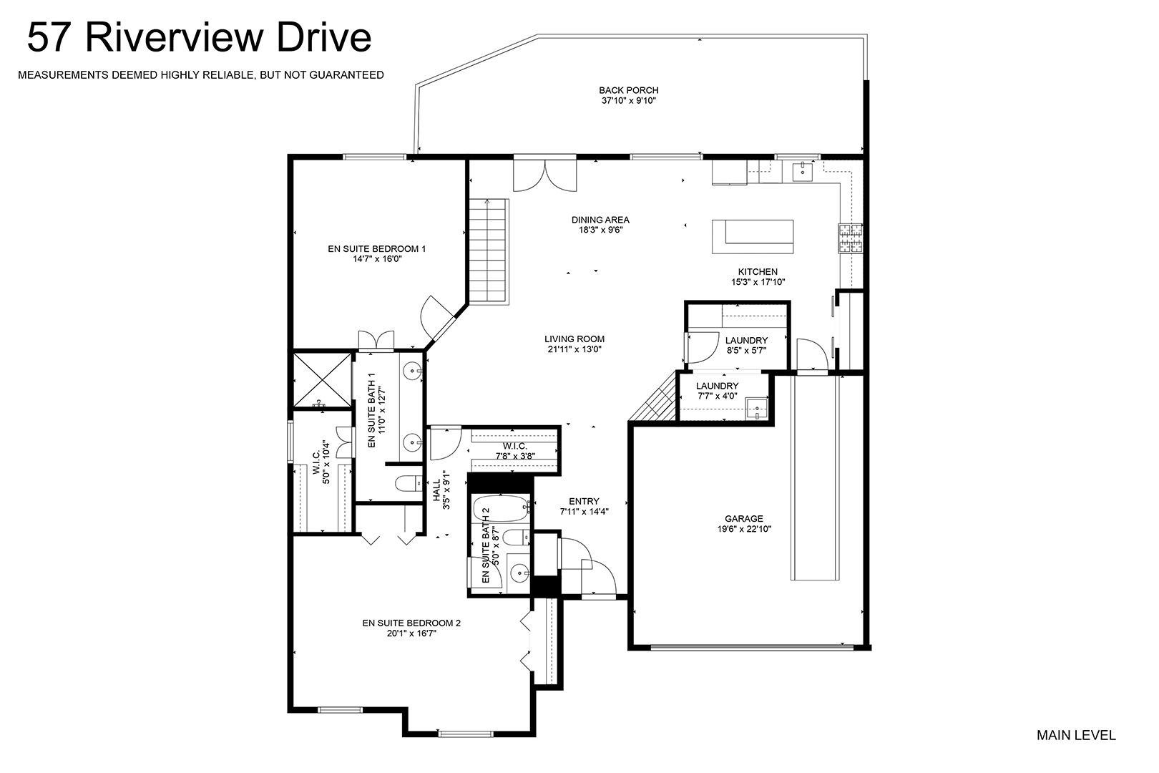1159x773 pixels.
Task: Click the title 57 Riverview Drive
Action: (x=199, y=37)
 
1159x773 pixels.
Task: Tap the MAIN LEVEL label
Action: (x=1076, y=734)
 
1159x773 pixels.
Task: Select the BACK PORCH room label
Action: (x=629, y=90)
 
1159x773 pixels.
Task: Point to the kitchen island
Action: (x=753, y=237)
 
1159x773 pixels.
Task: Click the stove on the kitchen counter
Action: (x=851, y=238)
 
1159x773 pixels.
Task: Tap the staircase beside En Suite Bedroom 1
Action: (x=489, y=250)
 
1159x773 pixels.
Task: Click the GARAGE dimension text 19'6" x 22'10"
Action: (x=744, y=529)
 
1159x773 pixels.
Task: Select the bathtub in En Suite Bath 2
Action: (x=501, y=510)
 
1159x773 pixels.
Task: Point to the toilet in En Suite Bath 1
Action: (x=409, y=484)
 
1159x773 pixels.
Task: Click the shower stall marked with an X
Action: (x=323, y=380)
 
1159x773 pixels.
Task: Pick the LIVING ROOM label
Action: (x=574, y=339)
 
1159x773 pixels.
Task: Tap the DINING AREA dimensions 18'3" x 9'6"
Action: (x=600, y=230)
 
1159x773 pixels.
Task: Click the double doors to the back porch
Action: (x=545, y=175)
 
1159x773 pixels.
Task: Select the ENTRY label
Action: (x=585, y=501)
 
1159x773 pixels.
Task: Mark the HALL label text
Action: (x=436, y=490)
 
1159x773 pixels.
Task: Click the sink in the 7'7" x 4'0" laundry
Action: (x=756, y=409)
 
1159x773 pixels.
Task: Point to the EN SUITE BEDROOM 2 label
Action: (x=411, y=623)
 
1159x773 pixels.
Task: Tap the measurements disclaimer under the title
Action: (x=201, y=75)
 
